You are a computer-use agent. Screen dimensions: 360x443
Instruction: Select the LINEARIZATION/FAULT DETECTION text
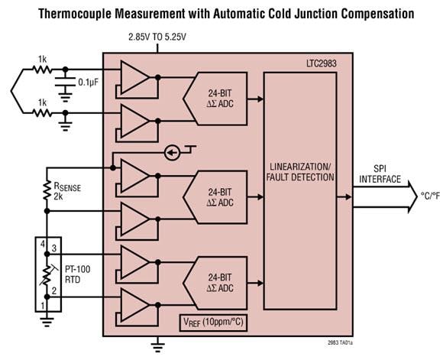(300, 172)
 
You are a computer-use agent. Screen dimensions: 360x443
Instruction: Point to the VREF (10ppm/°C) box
(215, 322)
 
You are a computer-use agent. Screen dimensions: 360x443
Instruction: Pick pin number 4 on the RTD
(43, 245)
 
